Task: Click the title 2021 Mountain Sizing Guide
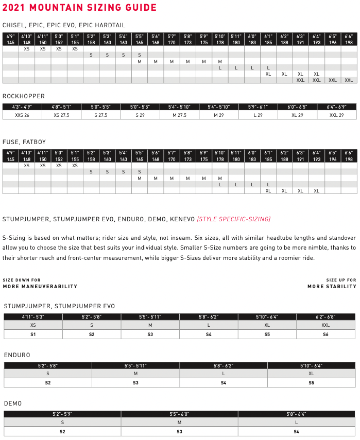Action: (x=80, y=8)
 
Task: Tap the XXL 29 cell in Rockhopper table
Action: (x=337, y=115)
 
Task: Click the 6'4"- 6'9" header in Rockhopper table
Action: (x=337, y=107)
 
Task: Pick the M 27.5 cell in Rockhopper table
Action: (x=179, y=115)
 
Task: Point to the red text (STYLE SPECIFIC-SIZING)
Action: (x=233, y=219)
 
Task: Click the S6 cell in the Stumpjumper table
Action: (x=325, y=334)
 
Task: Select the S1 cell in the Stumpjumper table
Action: (x=33, y=334)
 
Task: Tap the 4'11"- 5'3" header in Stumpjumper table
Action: (x=33, y=317)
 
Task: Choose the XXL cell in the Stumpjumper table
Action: (x=325, y=325)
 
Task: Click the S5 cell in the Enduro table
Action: (x=311, y=383)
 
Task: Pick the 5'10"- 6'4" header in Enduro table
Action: (x=311, y=365)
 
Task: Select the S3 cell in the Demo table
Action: (x=179, y=431)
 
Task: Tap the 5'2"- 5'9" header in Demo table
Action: (x=62, y=414)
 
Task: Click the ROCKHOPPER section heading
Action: (x=24, y=96)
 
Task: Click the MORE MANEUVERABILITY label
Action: (x=40, y=286)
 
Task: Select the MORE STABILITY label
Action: (x=332, y=286)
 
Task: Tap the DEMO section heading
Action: (x=13, y=403)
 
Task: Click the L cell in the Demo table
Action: (x=296, y=423)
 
